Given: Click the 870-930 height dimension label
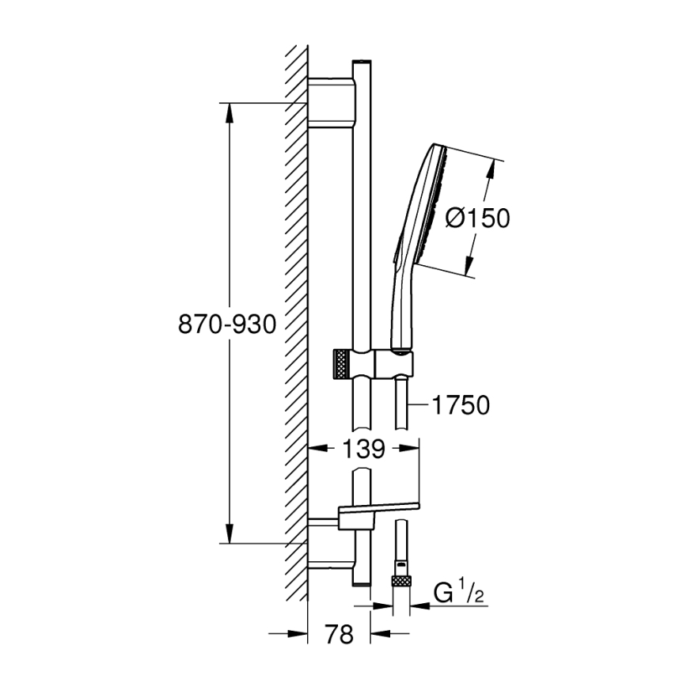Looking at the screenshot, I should point(228,324).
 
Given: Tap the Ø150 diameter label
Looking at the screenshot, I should point(477,218).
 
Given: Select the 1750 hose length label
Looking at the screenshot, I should point(462,405).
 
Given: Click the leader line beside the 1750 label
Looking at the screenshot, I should point(418,405).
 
